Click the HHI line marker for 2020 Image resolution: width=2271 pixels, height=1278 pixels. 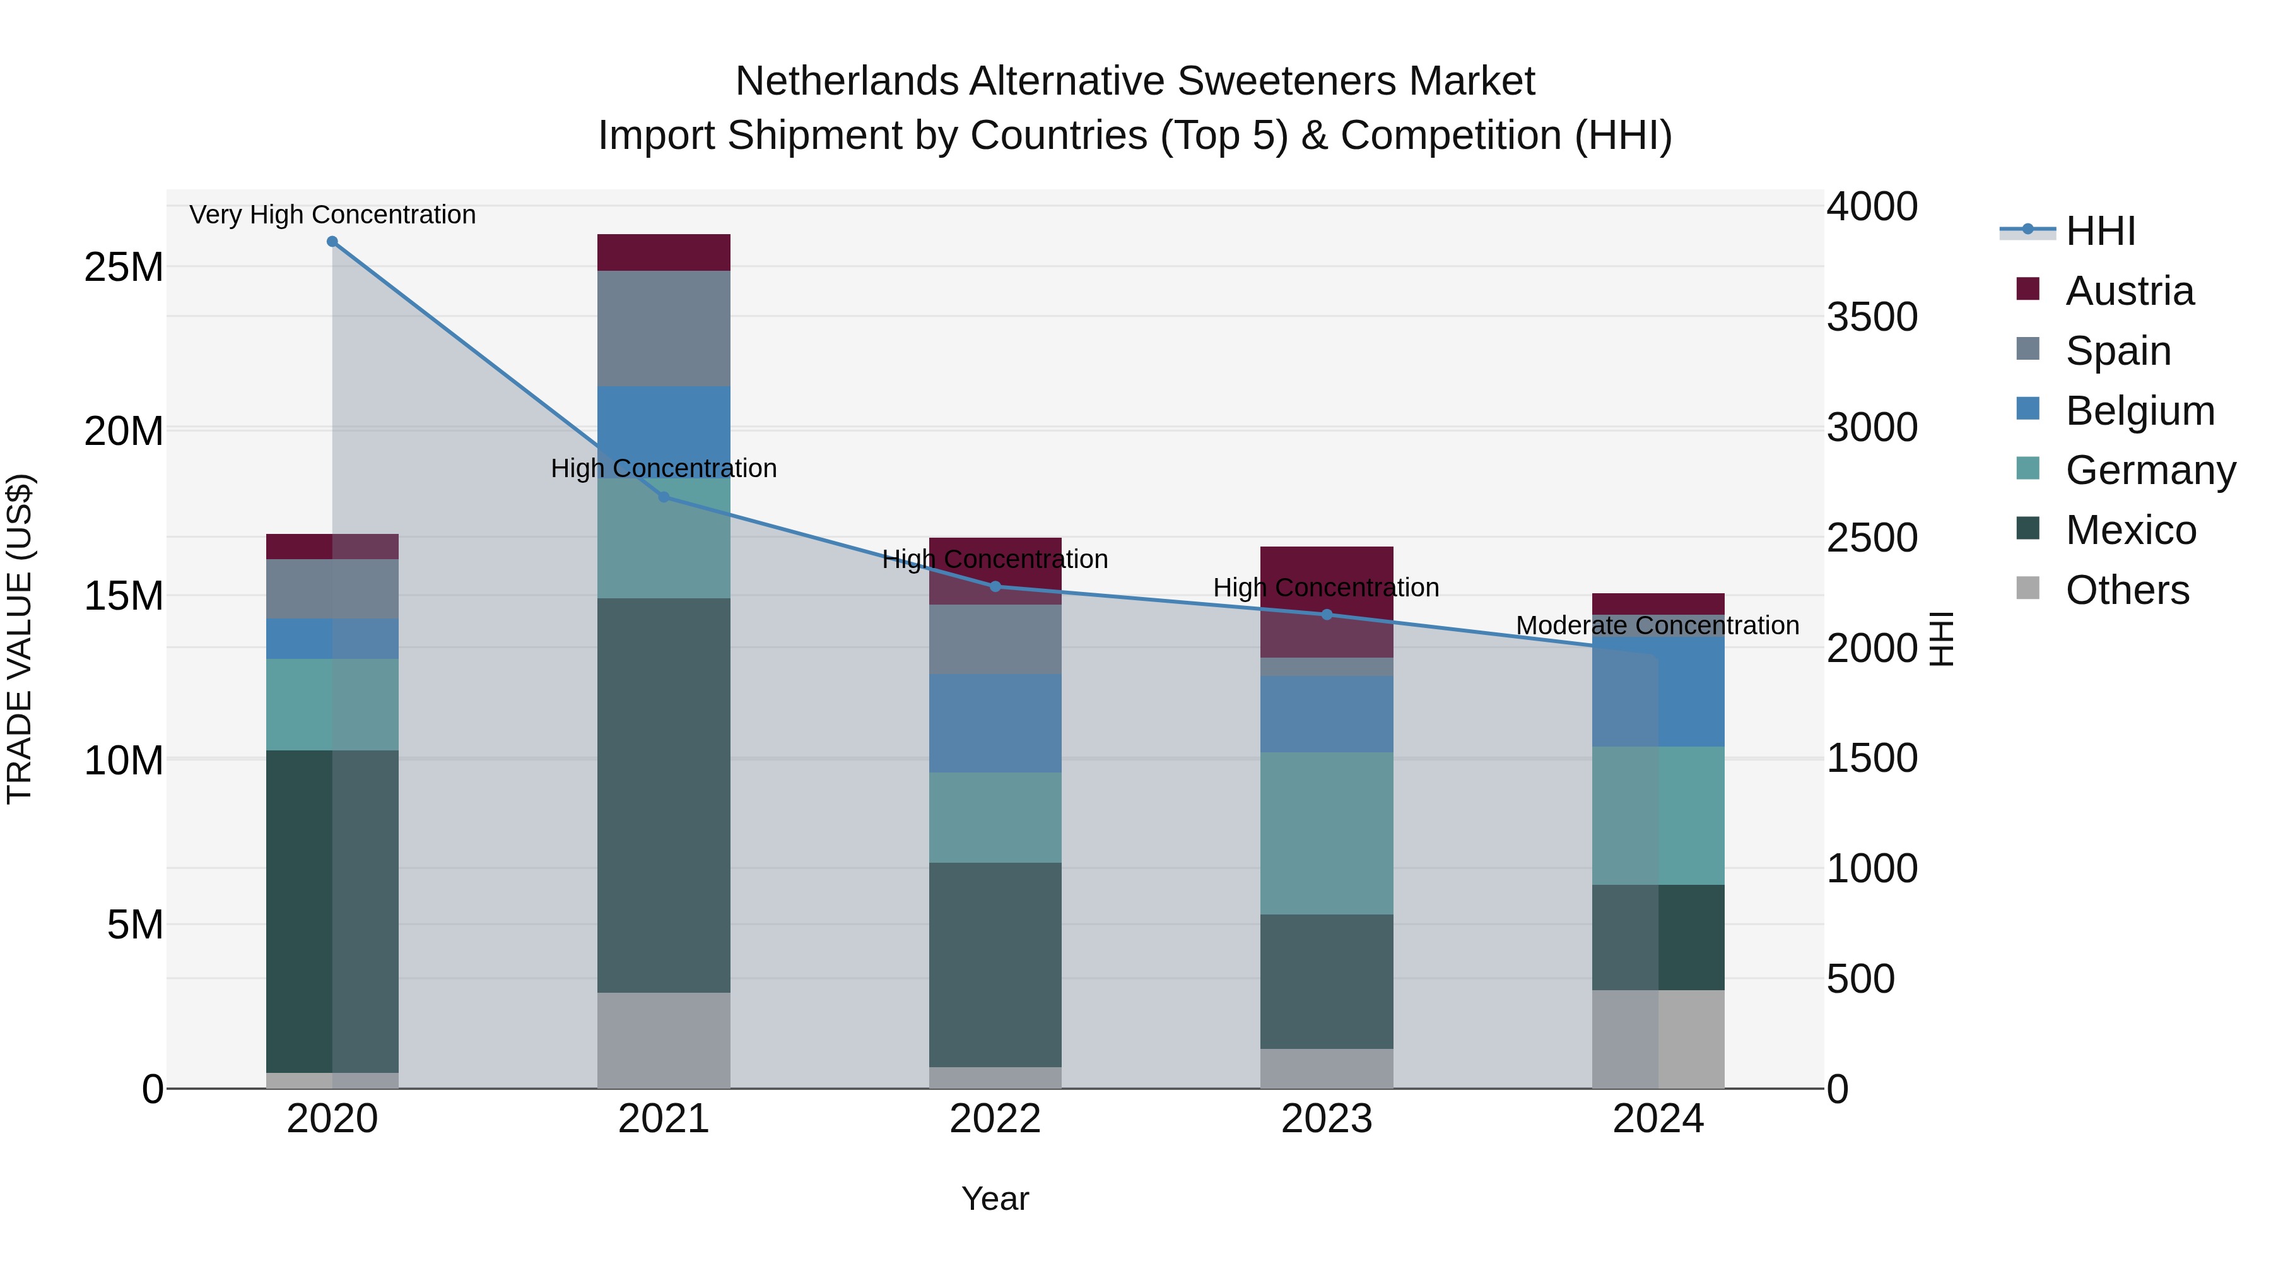(332, 242)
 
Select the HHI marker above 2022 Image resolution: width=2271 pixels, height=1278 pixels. (995, 586)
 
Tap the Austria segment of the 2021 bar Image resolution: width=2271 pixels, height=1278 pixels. (664, 252)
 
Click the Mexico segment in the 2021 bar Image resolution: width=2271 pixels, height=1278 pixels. (664, 795)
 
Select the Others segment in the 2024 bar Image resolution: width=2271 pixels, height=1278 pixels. (1658, 1039)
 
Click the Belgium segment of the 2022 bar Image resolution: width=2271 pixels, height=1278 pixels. (995, 723)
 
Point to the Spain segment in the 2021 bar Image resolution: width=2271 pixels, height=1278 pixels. (664, 328)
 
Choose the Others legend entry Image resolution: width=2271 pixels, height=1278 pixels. (2127, 590)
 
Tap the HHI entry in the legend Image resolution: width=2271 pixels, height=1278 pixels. (2100, 231)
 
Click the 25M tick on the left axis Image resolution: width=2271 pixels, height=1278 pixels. (124, 267)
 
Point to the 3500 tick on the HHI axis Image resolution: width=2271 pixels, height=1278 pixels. (1872, 317)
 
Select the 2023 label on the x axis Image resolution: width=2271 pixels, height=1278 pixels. (1327, 1119)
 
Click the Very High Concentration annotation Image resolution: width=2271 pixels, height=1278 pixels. (332, 215)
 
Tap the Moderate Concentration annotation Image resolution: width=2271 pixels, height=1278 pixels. (1657, 625)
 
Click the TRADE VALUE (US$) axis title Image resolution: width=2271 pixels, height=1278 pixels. (20, 639)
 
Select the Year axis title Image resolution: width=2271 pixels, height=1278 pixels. (995, 1198)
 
